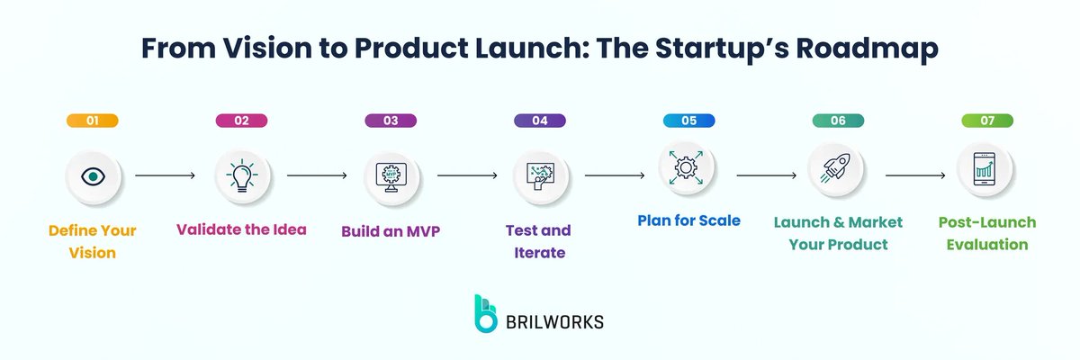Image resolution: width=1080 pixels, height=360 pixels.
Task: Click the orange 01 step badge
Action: (93, 121)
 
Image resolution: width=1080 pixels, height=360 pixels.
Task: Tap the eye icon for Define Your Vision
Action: (93, 175)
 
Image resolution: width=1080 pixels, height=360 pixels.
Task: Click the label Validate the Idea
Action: (241, 229)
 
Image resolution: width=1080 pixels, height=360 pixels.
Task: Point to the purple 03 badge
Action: (391, 121)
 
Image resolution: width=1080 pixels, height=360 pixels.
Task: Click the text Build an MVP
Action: (391, 230)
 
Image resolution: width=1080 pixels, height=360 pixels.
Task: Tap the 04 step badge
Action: (540, 121)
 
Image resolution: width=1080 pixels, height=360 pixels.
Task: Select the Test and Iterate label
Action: (540, 241)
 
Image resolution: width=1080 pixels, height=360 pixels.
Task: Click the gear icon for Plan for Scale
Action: (688, 167)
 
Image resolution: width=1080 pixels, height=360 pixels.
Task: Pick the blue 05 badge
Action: (688, 121)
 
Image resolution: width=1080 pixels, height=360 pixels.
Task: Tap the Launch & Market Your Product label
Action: (838, 232)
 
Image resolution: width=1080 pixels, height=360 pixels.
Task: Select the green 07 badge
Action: (987, 121)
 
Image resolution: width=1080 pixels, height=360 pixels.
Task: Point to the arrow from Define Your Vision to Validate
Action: (165, 176)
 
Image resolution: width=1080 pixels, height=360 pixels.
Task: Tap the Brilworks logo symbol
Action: (486, 313)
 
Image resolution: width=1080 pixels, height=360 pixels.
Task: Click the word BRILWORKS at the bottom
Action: (556, 320)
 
